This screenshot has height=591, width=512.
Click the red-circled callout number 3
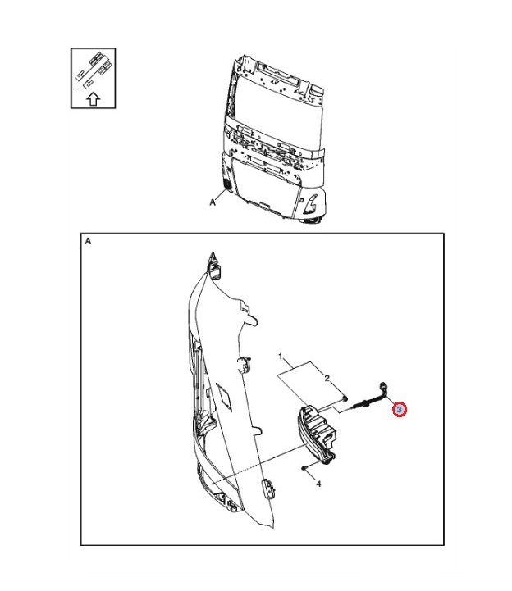pos(400,409)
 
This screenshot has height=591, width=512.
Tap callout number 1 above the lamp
pos(281,357)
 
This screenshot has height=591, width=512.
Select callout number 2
pos(327,378)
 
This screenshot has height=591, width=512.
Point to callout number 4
pos(318,483)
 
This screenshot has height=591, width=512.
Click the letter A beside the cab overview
pos(213,202)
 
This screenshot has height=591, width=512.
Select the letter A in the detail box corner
pos(88,241)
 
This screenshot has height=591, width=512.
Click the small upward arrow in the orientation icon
pos(94,99)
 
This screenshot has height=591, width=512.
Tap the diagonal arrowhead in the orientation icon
pos(80,84)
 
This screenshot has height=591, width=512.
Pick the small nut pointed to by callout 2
pos(344,398)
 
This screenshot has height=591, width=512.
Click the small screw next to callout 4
pos(304,468)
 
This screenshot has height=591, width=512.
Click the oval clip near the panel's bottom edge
pos(267,489)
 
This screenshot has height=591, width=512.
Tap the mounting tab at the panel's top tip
pos(213,265)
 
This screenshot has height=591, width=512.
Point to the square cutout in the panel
pos(225,394)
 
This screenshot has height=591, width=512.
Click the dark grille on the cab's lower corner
pos(227,184)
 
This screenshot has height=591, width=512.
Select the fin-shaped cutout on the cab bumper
pos(312,202)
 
